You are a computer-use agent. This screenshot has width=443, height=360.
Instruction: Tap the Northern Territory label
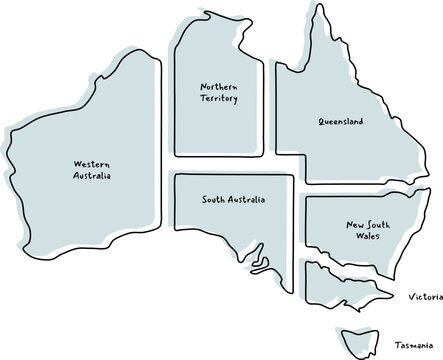(x=219, y=93)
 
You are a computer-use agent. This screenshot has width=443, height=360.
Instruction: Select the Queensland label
(x=341, y=122)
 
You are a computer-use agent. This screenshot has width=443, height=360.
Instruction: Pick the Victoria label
(x=425, y=298)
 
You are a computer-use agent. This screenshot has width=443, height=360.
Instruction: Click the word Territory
(x=219, y=99)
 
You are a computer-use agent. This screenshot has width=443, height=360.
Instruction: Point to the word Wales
(x=358, y=239)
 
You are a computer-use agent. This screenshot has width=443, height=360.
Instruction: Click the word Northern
(x=219, y=87)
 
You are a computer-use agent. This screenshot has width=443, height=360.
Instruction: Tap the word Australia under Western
(x=92, y=175)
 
